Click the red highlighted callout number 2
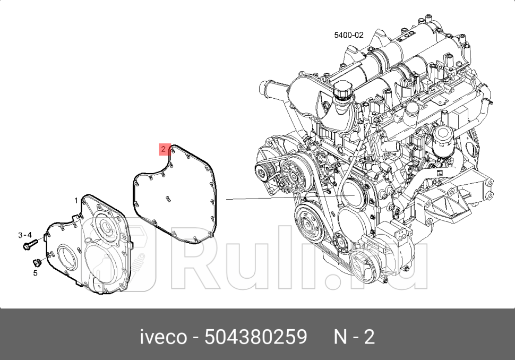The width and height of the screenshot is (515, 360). point(164,149)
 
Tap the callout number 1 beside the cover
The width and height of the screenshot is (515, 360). point(76,200)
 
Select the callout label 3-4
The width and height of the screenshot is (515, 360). point(25,235)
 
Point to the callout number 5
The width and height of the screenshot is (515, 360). point(36,273)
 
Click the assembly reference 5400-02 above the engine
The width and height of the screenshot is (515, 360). point(348,36)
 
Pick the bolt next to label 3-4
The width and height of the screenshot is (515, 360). point(30,245)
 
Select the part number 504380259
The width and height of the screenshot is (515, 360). point(256,337)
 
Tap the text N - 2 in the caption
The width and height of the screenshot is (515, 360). point(354,337)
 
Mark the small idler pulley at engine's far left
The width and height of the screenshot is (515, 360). point(261,170)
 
